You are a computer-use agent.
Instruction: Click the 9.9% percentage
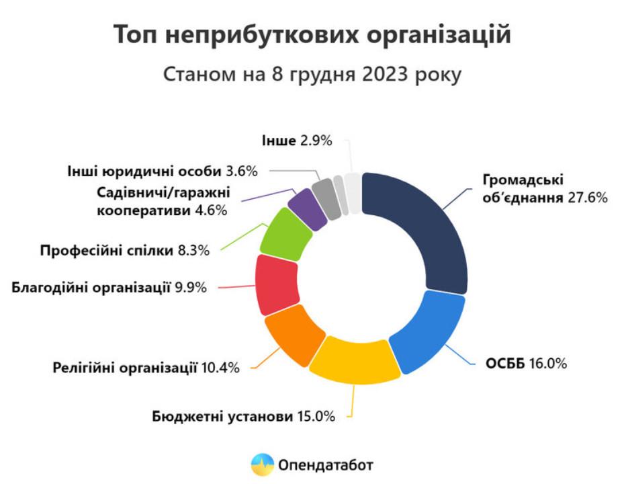[191, 288]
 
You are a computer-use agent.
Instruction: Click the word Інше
[277, 140]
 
